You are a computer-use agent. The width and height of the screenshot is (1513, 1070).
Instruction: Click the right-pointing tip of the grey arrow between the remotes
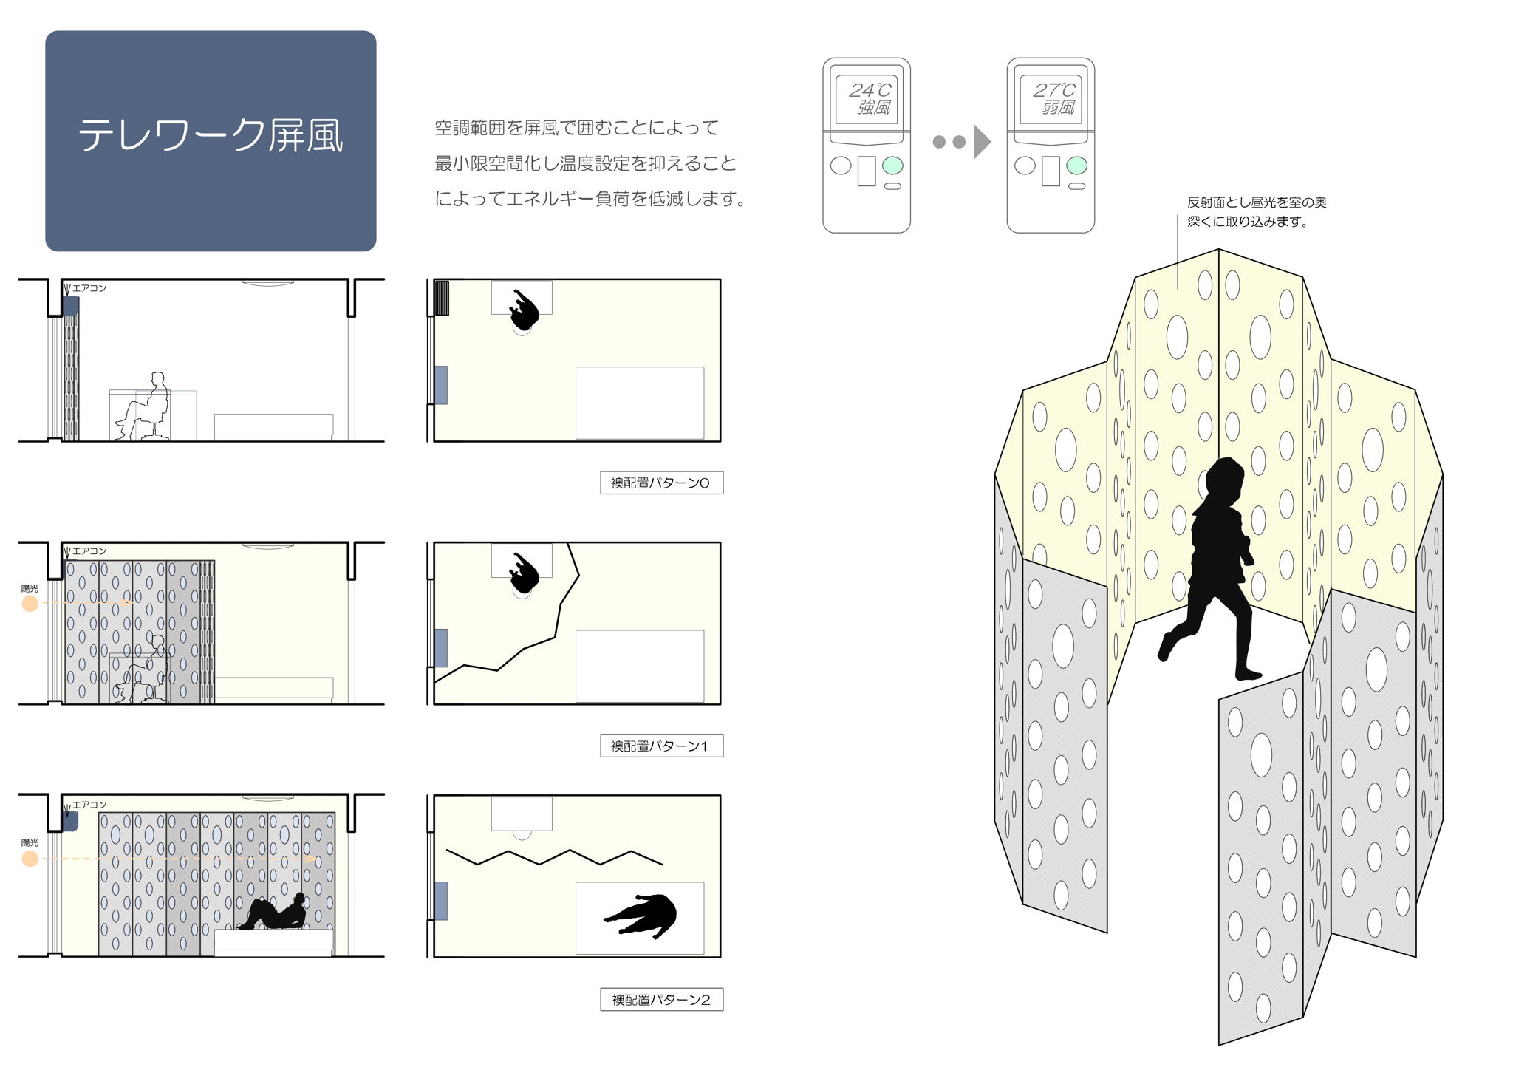[x=991, y=142]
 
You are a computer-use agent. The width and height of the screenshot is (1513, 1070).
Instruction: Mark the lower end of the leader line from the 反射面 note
[x=1178, y=288]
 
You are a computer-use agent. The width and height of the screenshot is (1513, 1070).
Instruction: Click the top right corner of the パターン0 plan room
[x=720, y=279]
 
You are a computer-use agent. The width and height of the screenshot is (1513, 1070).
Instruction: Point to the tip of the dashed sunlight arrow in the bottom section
[x=318, y=859]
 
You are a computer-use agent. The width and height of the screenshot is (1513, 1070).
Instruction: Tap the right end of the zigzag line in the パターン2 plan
[x=662, y=864]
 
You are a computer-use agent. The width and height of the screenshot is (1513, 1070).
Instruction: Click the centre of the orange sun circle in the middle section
[x=30, y=604]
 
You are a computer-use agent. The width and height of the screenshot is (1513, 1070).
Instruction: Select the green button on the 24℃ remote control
[x=892, y=166]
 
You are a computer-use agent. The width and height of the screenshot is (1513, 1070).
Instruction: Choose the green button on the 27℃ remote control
[x=1076, y=166]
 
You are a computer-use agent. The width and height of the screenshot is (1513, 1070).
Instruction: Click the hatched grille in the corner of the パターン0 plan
[x=441, y=298]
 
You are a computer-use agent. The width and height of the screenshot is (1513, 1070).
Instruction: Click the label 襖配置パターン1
[x=660, y=746]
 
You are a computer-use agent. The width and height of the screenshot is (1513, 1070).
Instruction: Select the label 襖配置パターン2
[x=661, y=1000]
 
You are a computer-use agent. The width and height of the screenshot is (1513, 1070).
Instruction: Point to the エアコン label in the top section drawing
[x=89, y=288]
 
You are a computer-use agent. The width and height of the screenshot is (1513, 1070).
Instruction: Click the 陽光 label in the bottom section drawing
[x=30, y=842]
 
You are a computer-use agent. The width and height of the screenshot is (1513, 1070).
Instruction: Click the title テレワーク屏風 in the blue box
[x=211, y=136]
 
